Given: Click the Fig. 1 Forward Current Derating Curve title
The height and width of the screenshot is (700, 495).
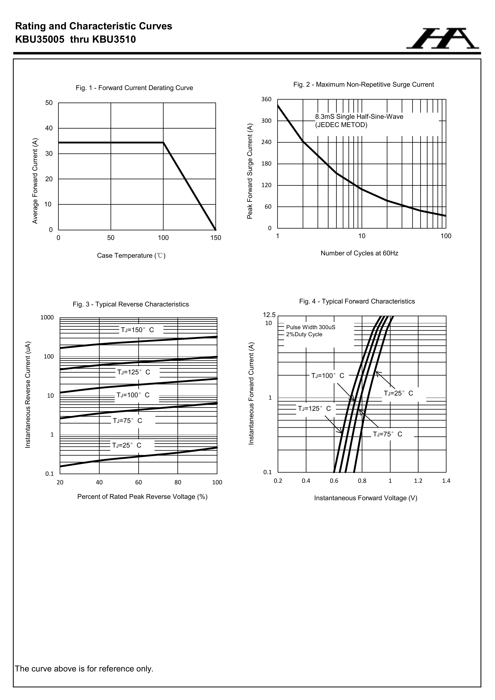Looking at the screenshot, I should [x=134, y=88].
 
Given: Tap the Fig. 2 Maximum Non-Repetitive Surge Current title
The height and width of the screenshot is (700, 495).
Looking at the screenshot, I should [x=363, y=85].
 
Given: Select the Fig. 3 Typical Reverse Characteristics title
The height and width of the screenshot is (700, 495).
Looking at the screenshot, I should [x=131, y=304].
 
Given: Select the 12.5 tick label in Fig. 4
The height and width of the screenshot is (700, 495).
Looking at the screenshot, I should [x=269, y=315].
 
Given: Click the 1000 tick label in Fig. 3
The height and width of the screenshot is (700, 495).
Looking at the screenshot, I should [x=47, y=318].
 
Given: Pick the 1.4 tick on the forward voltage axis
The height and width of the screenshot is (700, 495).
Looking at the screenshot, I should [x=446, y=481].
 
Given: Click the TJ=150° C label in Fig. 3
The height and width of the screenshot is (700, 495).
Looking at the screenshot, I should [x=138, y=330].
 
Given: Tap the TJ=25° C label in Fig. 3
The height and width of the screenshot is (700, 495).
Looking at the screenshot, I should [x=127, y=445].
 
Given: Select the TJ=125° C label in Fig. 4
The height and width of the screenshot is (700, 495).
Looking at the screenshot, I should [x=314, y=409].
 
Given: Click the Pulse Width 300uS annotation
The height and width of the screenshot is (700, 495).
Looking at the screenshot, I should [x=310, y=327].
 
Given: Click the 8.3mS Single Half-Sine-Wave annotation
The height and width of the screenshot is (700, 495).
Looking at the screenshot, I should [x=359, y=117].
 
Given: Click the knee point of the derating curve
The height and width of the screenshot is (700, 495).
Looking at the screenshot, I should [x=163, y=142].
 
